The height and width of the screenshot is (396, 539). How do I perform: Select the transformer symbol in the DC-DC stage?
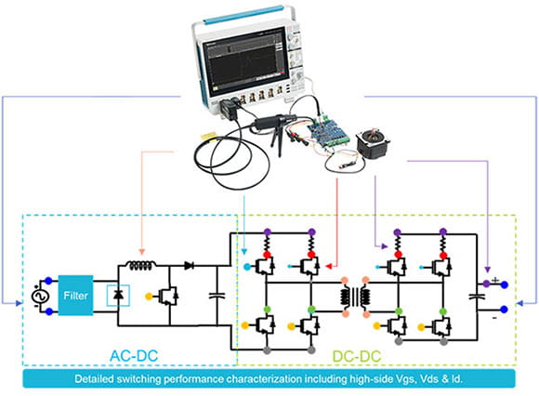coord(353,297)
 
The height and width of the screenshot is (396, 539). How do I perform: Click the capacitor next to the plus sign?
coord(480,296)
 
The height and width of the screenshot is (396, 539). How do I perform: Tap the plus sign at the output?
coord(494,281)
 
